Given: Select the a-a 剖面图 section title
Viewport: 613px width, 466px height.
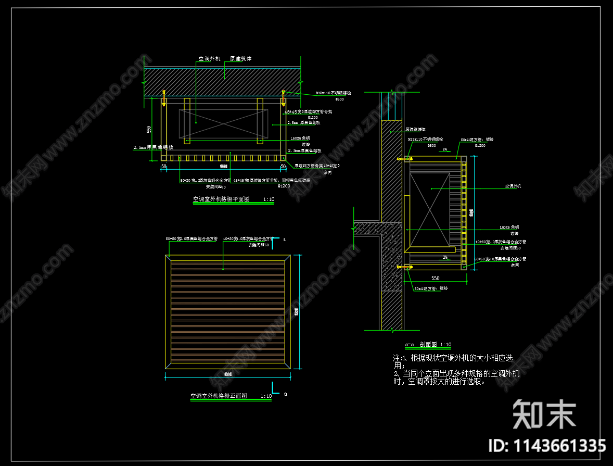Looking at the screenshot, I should (428, 345).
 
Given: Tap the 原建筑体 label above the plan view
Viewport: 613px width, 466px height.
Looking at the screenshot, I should (241, 59).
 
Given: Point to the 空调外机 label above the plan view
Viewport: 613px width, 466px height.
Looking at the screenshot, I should (209, 59).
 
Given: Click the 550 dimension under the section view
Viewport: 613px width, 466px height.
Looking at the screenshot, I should (435, 278).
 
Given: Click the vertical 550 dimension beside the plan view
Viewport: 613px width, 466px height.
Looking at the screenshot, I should (149, 129).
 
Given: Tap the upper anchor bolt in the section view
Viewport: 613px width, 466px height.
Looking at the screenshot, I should (405, 158).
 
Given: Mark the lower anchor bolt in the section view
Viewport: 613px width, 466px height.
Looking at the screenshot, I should (405, 267).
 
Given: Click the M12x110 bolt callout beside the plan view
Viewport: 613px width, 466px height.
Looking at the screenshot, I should (334, 93).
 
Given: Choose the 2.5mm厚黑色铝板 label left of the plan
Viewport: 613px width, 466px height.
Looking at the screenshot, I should (153, 147).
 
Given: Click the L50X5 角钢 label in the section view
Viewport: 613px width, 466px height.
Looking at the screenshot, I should (509, 228).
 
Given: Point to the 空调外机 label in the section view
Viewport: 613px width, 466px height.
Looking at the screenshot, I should (513, 186).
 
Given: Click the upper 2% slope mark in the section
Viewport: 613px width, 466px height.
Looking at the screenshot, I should (444, 149).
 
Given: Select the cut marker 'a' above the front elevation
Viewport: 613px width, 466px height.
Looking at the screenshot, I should (284, 240).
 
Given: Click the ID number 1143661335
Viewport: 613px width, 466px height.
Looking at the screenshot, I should (547, 446).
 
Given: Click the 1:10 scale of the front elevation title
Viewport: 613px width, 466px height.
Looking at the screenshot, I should (265, 396).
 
